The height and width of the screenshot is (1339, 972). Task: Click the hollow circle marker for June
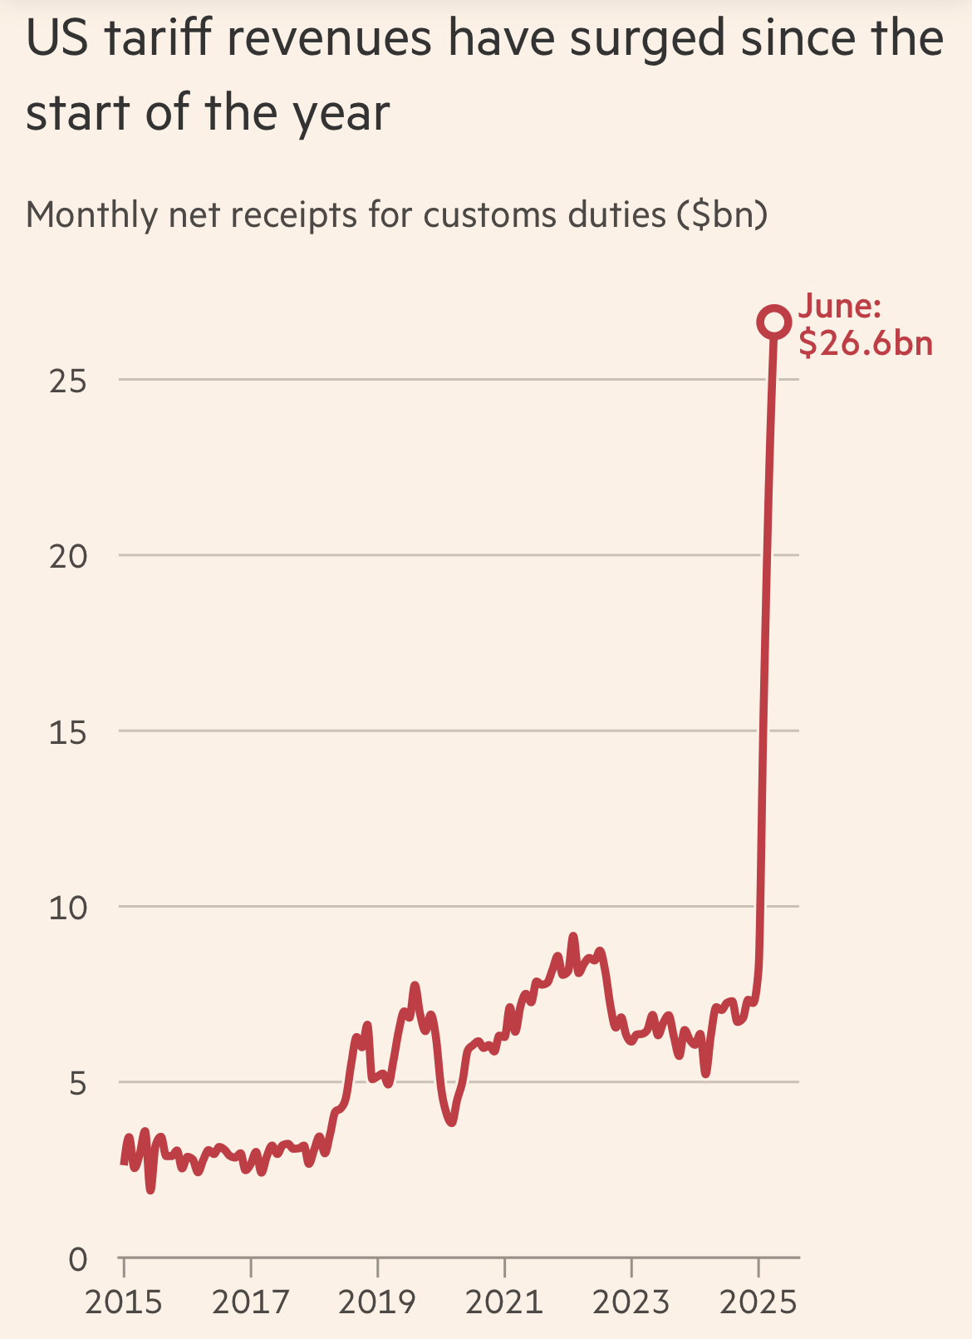tap(773, 322)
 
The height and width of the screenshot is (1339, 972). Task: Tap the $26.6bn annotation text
tap(866, 343)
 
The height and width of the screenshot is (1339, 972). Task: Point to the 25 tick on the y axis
tap(68, 381)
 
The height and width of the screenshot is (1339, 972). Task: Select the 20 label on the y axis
tap(68, 556)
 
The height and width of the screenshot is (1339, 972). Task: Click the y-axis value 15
tap(68, 731)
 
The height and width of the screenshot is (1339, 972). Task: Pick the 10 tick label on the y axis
tap(68, 908)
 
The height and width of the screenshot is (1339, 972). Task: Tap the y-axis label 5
tap(77, 1084)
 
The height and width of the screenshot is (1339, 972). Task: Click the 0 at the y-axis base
tap(77, 1260)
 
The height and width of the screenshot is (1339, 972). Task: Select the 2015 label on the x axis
tap(124, 1302)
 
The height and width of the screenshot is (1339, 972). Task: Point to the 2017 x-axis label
tap(251, 1302)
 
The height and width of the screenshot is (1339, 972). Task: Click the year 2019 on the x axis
tap(377, 1302)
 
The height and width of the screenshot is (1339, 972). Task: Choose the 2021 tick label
tap(504, 1302)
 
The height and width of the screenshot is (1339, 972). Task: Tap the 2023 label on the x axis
tap(631, 1302)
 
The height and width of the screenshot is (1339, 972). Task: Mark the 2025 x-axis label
tap(758, 1302)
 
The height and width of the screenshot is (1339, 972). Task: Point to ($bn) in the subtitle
tap(722, 215)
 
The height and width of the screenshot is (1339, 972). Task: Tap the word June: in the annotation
tap(839, 306)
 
